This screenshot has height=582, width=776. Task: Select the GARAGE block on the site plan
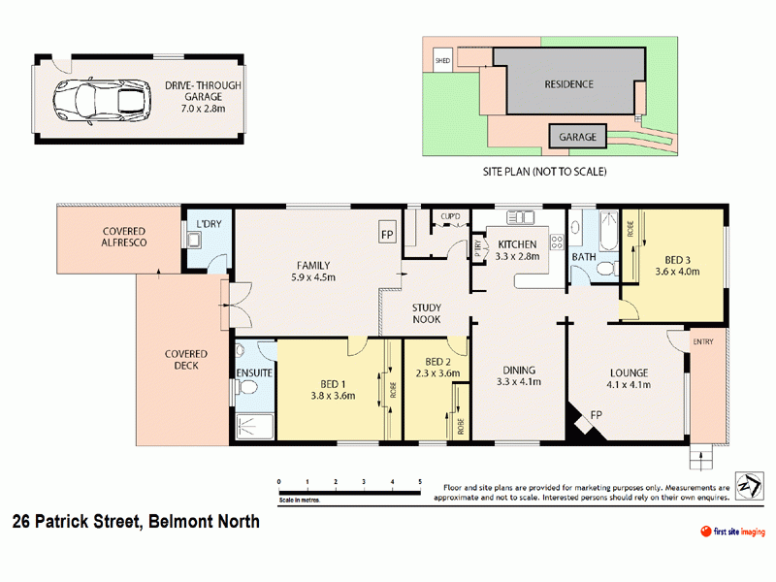(579, 137)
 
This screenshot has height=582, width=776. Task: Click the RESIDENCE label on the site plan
(568, 84)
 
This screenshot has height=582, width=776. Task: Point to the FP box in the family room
(387, 235)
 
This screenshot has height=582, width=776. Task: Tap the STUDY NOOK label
(427, 312)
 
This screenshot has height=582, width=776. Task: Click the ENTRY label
(703, 342)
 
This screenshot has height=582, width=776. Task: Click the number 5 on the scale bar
(420, 481)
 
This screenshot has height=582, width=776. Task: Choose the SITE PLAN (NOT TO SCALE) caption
(544, 172)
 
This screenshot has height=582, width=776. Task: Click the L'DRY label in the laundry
(209, 225)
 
